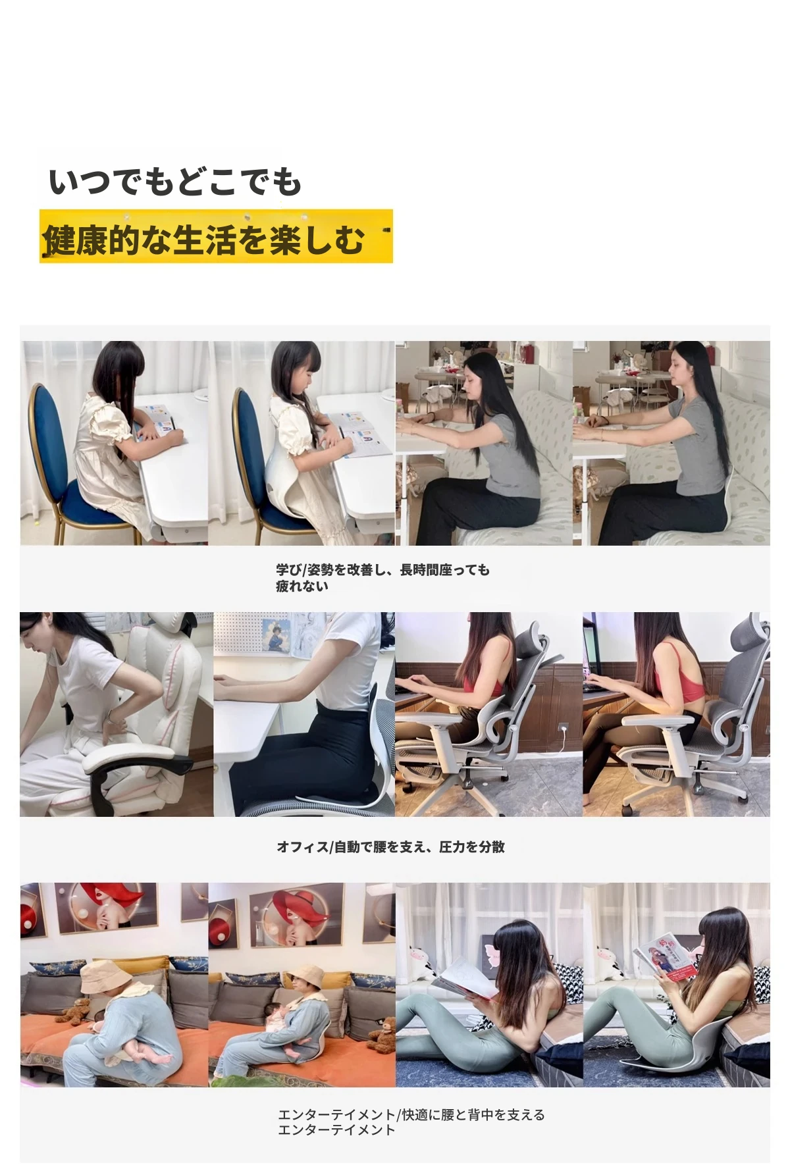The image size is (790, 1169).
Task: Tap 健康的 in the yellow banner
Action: tap(92, 239)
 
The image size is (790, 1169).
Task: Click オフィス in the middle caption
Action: tap(302, 847)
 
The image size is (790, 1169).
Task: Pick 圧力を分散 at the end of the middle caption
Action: tap(471, 847)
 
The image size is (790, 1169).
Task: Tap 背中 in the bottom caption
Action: tap(480, 1115)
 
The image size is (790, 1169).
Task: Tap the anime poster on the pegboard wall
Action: tap(276, 636)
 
